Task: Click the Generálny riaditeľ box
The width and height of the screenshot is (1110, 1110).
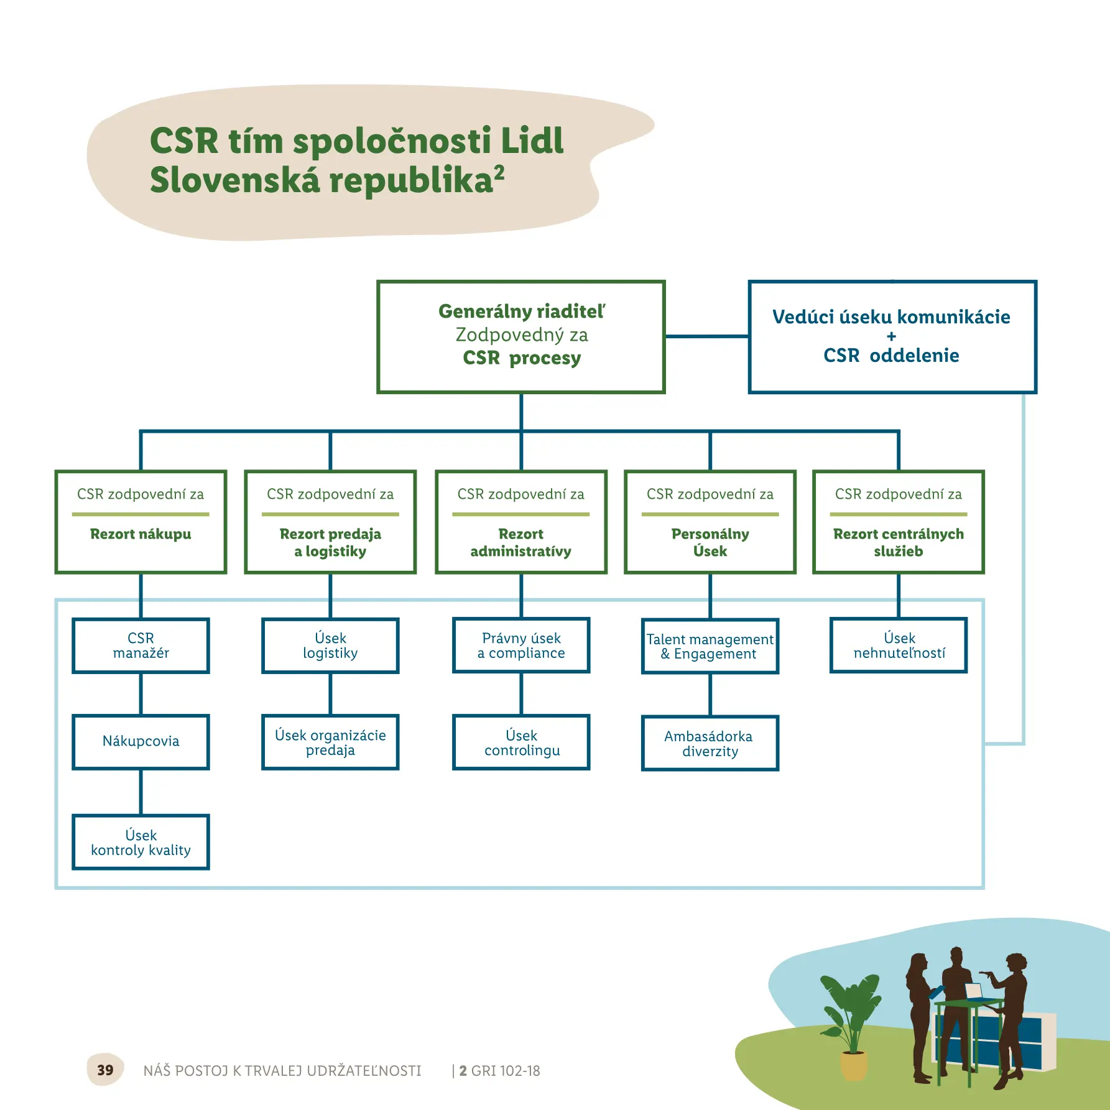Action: coord(521,336)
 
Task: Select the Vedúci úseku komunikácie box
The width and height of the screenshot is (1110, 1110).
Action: coord(892,336)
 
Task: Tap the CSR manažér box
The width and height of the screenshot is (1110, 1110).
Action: coord(141,645)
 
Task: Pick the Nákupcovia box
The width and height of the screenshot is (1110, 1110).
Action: coord(141,741)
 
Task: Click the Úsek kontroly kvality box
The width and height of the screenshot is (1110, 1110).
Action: coord(141,842)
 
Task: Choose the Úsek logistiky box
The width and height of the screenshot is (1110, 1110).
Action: coord(330,645)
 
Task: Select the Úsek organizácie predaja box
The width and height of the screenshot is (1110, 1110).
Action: coord(330,742)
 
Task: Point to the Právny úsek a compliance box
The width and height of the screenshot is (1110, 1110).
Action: coord(521,645)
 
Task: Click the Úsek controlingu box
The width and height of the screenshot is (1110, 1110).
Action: coord(521,742)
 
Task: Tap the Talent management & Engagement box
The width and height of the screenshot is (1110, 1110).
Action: coord(710,646)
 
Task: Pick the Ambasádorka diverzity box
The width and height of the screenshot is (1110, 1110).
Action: coord(710,743)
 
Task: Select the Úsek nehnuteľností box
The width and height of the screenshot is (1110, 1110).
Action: coord(899,645)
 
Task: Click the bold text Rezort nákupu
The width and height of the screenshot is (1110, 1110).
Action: coord(141,534)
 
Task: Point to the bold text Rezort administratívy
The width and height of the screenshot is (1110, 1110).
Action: coord(521,542)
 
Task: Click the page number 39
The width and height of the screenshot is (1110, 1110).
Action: coord(105,1070)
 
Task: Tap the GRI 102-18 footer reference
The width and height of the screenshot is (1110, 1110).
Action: coord(505,1070)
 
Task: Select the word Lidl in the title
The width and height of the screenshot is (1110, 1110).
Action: coord(532,141)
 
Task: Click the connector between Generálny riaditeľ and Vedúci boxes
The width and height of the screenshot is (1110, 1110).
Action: coord(706,336)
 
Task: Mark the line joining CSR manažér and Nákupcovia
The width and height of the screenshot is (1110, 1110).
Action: coord(141,694)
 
